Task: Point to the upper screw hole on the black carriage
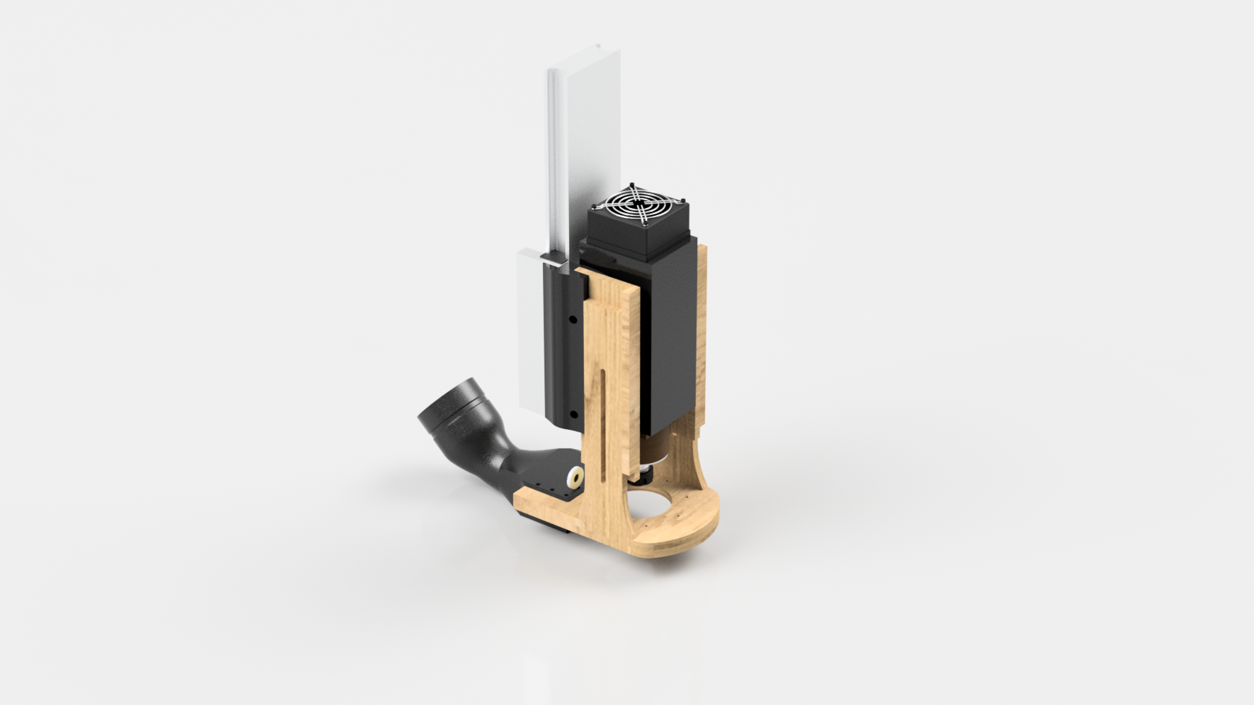click(571, 318)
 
